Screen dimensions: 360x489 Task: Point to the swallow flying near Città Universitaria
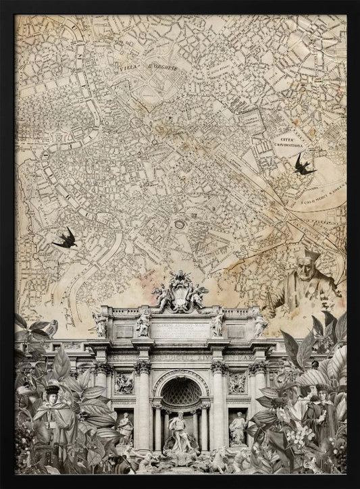tap(303, 164)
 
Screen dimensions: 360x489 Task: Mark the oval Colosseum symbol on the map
tap(180, 224)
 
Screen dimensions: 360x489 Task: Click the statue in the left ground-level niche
tap(126, 428)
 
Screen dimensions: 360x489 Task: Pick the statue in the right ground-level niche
tap(237, 427)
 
